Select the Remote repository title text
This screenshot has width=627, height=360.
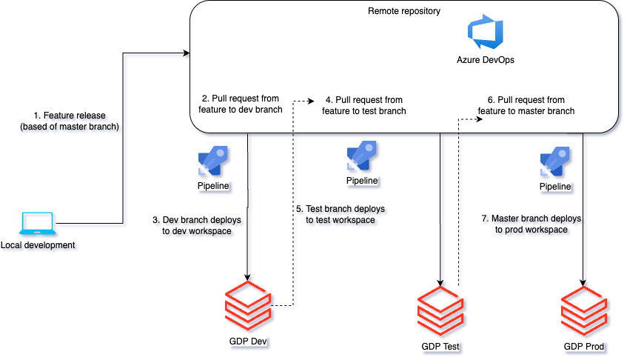pyautogui.click(x=403, y=11)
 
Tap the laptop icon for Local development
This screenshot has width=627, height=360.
pyautogui.click(x=38, y=224)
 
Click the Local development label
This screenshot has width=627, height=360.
pyautogui.click(x=38, y=245)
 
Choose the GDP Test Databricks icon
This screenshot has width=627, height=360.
pyautogui.click(x=441, y=312)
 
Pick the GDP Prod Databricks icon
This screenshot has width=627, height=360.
pyautogui.click(x=585, y=312)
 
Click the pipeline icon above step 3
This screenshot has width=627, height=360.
pyautogui.click(x=212, y=161)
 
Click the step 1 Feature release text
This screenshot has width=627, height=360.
pyautogui.click(x=70, y=121)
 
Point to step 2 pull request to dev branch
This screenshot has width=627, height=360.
pyautogui.click(x=235, y=104)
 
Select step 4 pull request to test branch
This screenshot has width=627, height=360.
pyautogui.click(x=363, y=105)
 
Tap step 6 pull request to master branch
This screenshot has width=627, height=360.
pyautogui.click(x=526, y=105)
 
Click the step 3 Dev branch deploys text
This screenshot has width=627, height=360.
pyautogui.click(x=197, y=226)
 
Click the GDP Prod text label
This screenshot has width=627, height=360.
pyautogui.click(x=585, y=347)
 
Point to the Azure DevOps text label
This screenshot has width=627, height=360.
pyautogui.click(x=485, y=60)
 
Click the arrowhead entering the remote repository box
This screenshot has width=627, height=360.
pyautogui.click(x=187, y=53)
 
